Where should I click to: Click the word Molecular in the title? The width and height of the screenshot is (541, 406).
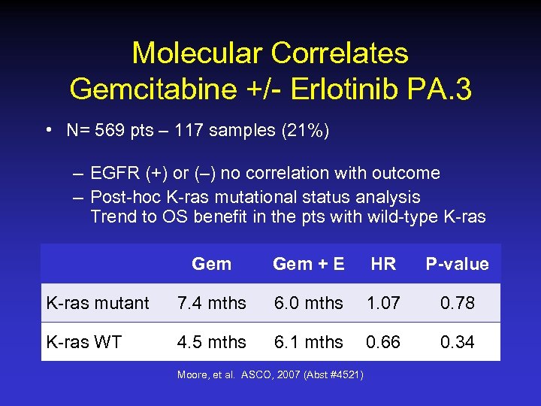coord(198,53)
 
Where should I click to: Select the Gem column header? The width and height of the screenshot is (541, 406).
coord(211,264)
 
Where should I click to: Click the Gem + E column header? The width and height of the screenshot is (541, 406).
coord(308,264)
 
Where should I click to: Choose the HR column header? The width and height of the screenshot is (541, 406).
coord(383,264)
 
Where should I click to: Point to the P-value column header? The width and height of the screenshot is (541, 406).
coord(457,264)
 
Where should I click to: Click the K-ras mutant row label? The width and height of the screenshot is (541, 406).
coord(98,304)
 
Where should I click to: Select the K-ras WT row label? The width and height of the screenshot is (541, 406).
coord(83,342)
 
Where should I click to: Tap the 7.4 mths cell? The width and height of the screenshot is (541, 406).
coord(211,303)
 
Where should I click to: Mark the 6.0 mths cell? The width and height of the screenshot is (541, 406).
coord(308,303)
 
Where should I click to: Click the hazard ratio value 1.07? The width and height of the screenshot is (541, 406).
coord(383,303)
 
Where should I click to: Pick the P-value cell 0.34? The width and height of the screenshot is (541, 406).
coord(457,342)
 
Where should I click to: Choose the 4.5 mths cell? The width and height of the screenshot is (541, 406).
coord(211,342)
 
